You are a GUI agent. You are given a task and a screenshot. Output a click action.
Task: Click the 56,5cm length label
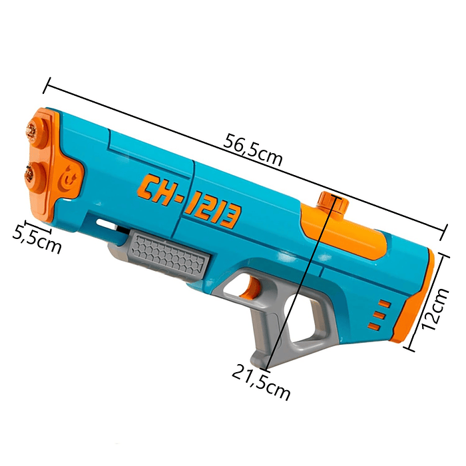[x=254, y=150]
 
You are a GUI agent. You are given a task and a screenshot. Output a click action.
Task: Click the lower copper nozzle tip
[x=29, y=174]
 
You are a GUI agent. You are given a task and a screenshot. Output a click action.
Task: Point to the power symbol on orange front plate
[x=70, y=178]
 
